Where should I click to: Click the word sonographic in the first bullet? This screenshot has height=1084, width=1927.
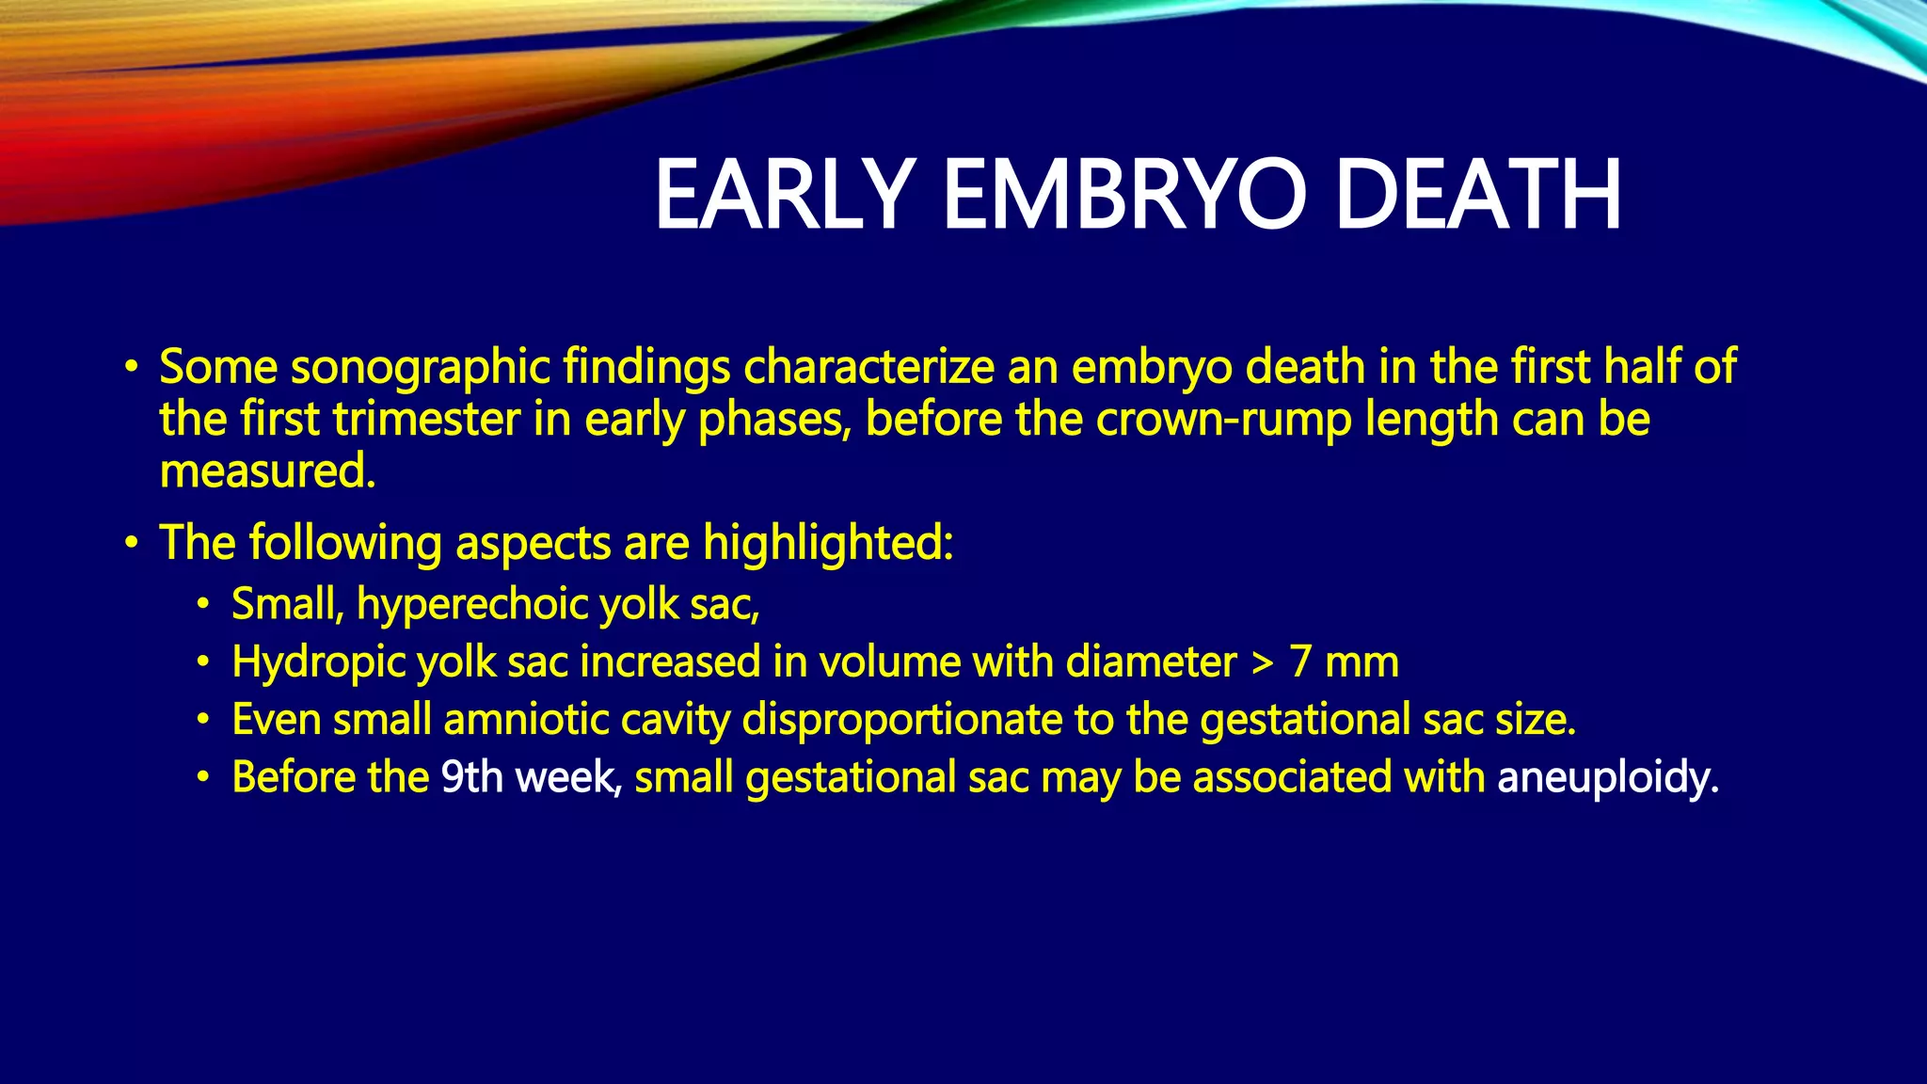(420, 368)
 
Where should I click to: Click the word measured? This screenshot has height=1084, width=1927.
(267, 471)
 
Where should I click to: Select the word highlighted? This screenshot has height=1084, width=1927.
(828, 544)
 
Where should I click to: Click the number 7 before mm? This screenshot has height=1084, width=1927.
(1300, 662)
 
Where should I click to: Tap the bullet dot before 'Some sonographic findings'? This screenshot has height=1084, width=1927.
(132, 366)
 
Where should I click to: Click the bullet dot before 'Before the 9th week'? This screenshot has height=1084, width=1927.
(203, 778)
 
